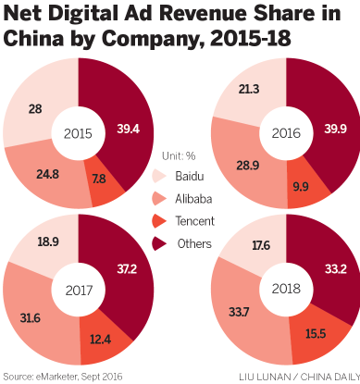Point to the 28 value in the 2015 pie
point(34,110)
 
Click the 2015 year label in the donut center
point(78,131)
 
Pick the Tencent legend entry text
point(194,221)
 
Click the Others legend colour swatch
point(158,244)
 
